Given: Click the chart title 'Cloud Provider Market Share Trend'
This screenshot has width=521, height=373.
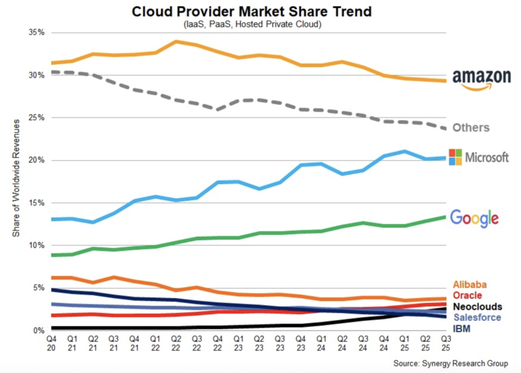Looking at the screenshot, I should click(x=252, y=12).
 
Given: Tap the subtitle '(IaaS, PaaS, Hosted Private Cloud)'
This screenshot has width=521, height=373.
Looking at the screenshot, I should click(x=252, y=24).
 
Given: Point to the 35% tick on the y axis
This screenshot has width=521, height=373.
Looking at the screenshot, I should click(x=36, y=32).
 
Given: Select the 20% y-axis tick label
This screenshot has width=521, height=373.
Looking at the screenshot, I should click(x=36, y=160).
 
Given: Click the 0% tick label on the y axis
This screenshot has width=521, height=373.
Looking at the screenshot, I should click(x=38, y=330).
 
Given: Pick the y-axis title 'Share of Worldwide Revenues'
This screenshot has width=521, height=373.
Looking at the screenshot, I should click(x=16, y=178).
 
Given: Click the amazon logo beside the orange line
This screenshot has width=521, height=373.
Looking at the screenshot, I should click(x=481, y=78).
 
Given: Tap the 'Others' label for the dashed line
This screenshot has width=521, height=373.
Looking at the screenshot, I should click(x=471, y=128).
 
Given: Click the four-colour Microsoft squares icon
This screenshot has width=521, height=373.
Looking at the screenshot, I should click(x=455, y=157).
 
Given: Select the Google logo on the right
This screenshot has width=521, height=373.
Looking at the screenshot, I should click(x=474, y=218).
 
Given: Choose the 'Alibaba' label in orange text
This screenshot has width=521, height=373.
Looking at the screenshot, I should click(x=470, y=285).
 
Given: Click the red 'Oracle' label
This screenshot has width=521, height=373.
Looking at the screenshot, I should click(x=467, y=295).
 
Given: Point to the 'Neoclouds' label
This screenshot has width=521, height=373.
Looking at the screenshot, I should click(x=477, y=307).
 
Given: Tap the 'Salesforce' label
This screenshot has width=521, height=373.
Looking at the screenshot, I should click(x=477, y=317).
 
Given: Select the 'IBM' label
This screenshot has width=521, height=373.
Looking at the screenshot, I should click(x=461, y=329).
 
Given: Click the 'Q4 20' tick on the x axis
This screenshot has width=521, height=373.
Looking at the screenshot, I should click(x=51, y=343).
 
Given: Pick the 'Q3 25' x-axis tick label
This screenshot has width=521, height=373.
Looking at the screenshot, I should click(x=446, y=343).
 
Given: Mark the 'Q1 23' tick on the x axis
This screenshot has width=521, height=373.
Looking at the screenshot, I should click(x=238, y=343).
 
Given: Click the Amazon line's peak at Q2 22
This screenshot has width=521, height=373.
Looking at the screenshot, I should click(x=176, y=41).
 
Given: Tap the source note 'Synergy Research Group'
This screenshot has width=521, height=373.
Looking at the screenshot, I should click(x=464, y=363).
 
